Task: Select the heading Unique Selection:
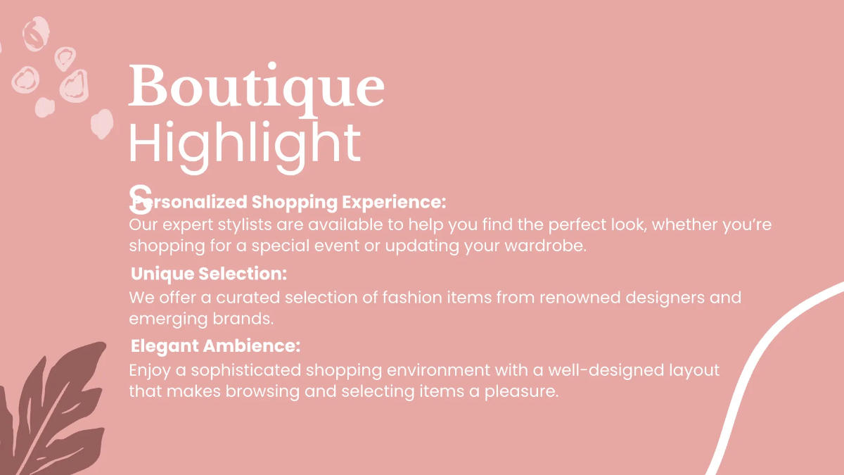coord(209,274)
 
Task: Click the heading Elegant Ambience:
coord(216,346)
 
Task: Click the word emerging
coord(167,319)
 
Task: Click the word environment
coord(433,371)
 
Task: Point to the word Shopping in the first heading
coord(295,203)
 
